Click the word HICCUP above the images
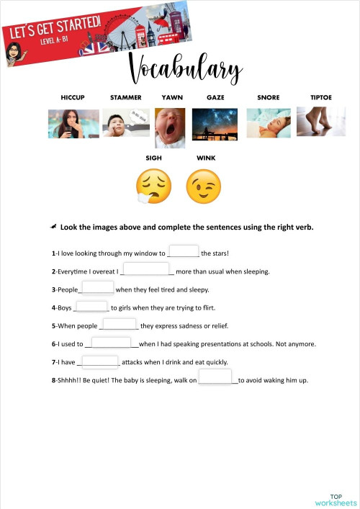click(73, 97)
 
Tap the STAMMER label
click(125, 97)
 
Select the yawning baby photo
click(170, 127)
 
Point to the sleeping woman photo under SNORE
click(269, 123)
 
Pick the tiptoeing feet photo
click(320, 122)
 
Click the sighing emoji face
click(153, 186)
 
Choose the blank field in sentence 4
click(92, 306)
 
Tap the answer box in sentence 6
click(112, 343)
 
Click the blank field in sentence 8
click(215, 377)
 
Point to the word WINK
click(206, 157)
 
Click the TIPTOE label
click(321, 97)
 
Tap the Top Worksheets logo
click(336, 499)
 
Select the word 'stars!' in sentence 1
click(220, 253)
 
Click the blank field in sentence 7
click(100, 361)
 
